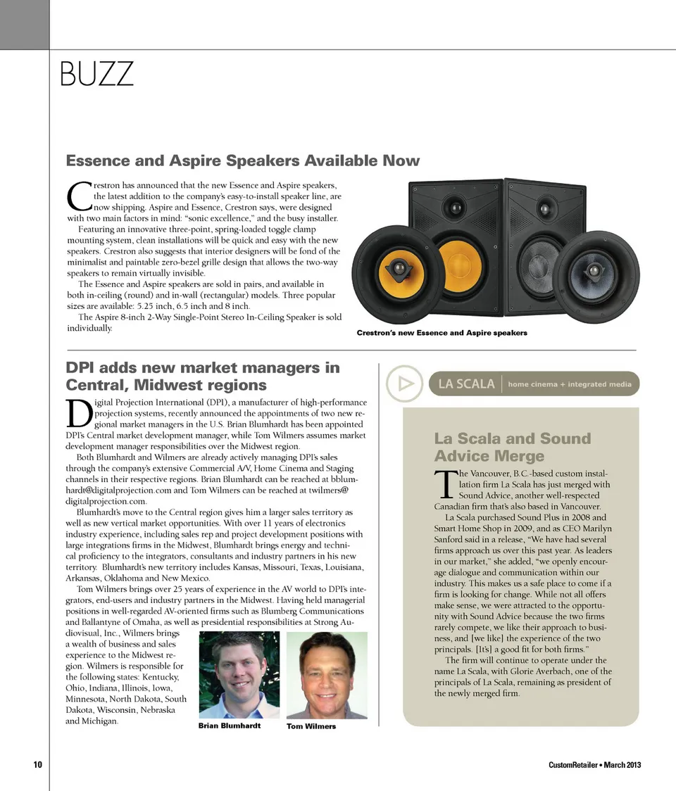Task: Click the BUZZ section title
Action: point(96,74)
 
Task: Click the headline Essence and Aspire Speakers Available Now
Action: point(242,160)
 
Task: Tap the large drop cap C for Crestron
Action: point(78,196)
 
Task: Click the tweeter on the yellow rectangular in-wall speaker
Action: point(456,208)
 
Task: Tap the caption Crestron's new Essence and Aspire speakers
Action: point(442,333)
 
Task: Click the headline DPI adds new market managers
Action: point(202,376)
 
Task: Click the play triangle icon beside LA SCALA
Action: point(404,384)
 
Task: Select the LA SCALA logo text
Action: point(466,384)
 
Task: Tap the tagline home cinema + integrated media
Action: point(570,384)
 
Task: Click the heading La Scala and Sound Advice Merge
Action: point(513,447)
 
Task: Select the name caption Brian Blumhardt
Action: point(229,725)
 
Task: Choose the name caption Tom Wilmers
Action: point(311,726)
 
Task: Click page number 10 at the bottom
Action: point(37,765)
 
